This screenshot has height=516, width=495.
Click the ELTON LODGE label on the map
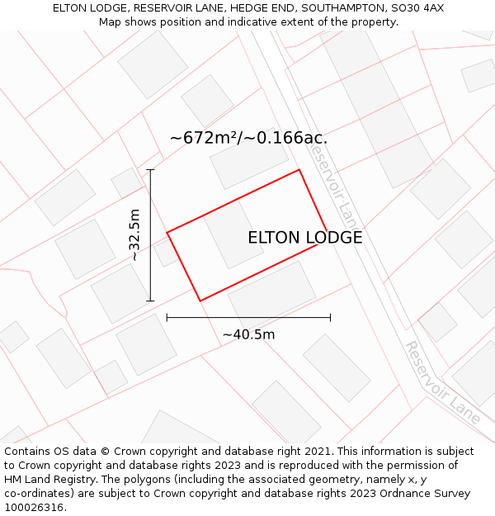304,238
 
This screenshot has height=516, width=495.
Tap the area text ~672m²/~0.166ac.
248,138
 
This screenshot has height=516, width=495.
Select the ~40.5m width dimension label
248,334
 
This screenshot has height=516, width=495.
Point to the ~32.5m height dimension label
135,235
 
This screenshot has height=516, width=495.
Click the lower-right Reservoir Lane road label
442,381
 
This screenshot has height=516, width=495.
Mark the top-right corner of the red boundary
299,170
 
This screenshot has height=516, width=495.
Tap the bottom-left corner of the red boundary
200,301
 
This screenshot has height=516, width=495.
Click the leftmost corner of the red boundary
167,233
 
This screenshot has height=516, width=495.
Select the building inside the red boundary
233,233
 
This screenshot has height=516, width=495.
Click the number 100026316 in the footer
33,507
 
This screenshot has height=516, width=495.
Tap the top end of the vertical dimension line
150,170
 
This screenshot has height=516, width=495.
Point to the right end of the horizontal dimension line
330,317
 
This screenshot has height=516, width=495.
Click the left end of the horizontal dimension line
167,317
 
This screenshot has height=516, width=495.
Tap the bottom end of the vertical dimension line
150,301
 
